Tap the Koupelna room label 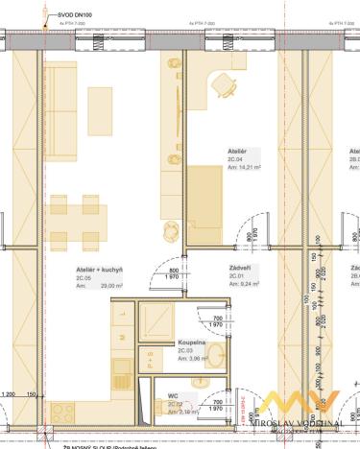click(x=190, y=342)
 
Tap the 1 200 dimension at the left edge click(x=9, y=394)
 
